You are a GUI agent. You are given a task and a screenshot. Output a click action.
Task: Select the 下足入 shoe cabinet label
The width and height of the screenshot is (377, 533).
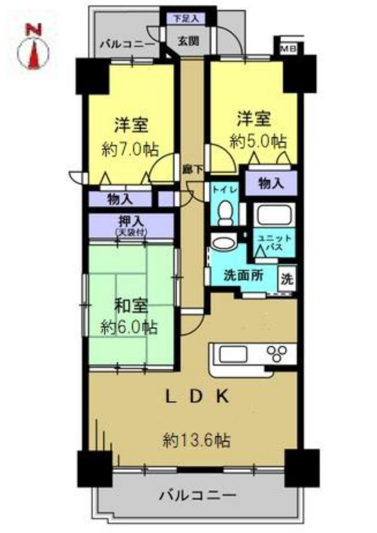[x=186, y=19]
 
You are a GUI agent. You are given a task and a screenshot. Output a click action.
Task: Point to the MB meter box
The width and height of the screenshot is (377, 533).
[x=289, y=48]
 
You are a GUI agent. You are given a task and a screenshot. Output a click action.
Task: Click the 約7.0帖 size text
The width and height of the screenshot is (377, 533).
[x=130, y=149]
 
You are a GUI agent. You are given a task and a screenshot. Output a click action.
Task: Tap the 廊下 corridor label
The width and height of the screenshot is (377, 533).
[x=190, y=169]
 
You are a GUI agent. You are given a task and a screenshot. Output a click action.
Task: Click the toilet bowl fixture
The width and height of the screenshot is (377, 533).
[x=224, y=213]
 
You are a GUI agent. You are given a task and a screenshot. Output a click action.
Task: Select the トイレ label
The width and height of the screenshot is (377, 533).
[x=227, y=190]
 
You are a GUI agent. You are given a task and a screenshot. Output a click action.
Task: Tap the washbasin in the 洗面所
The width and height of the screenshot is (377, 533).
[x=223, y=242]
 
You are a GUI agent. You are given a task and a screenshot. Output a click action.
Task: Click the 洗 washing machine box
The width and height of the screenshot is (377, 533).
[x=287, y=279]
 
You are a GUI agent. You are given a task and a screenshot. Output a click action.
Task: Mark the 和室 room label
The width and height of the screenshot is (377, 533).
[x=130, y=306]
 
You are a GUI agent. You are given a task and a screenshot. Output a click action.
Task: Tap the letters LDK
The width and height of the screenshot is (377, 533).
[x=196, y=397]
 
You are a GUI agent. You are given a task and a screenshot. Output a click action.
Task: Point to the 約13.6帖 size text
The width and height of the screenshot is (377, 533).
[x=196, y=440]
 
